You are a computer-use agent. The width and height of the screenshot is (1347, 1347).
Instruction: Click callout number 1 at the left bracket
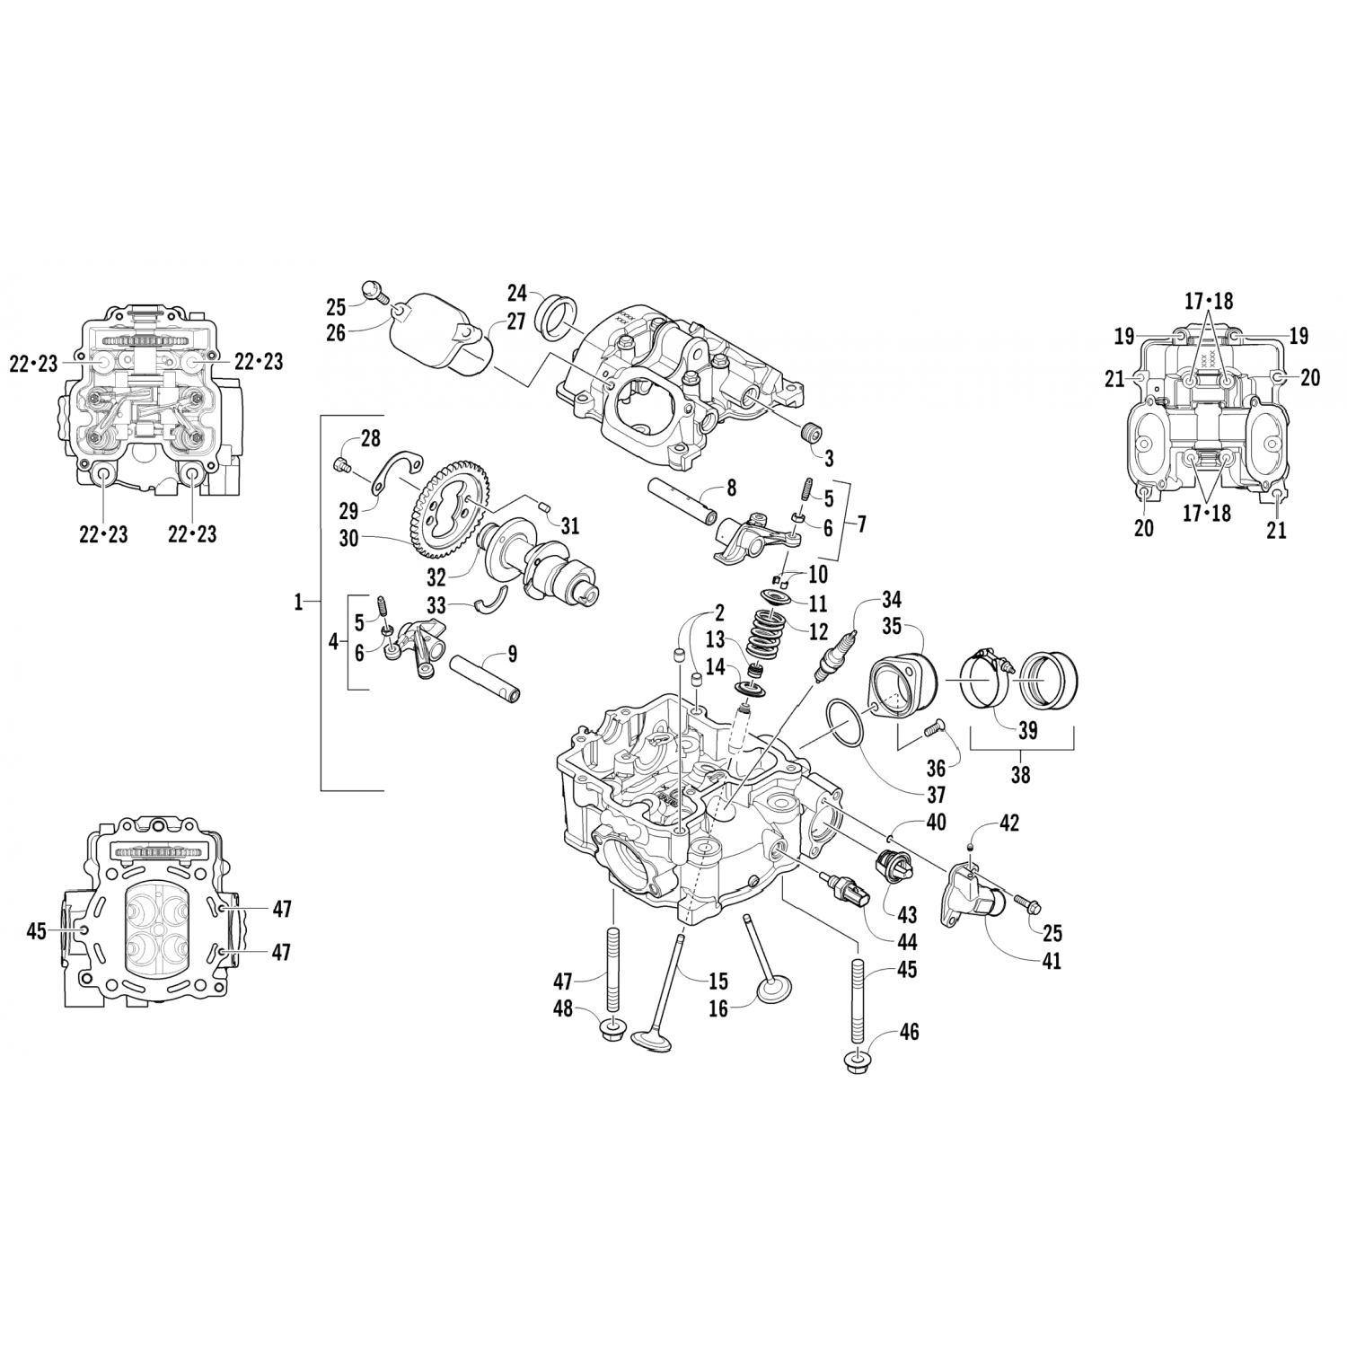tap(298, 603)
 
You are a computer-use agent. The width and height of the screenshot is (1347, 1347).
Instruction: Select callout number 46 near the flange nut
tap(909, 1033)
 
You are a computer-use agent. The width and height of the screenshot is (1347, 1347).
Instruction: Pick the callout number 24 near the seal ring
tap(516, 293)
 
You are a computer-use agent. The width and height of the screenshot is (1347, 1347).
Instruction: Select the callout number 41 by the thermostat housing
tap(1051, 962)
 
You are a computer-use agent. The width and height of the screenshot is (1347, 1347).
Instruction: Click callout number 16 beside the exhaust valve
tap(718, 1009)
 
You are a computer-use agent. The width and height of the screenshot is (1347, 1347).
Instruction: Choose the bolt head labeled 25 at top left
tap(373, 289)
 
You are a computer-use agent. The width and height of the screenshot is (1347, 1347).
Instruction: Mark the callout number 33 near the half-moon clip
tap(436, 605)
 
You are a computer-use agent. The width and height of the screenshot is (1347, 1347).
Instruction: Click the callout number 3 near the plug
tap(828, 458)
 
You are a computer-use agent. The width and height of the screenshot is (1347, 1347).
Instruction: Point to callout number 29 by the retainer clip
tap(348, 511)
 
